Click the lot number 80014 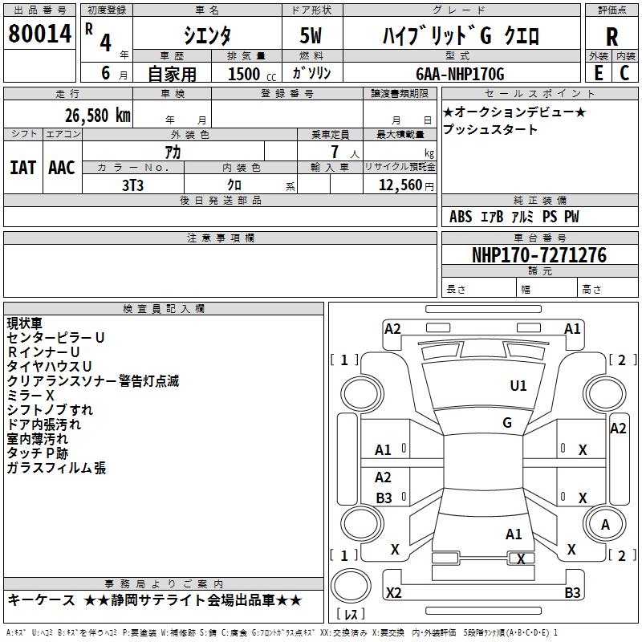pos(39,35)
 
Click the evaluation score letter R pos(612,36)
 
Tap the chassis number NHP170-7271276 pos(538,255)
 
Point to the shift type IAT pos(22,167)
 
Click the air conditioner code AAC pos(62,167)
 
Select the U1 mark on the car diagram pos(518,386)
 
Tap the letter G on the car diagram pos(507,422)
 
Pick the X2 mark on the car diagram pos(394,592)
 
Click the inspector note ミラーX pos(30,395)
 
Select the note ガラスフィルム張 pos(56,468)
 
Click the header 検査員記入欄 pos(164,308)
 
